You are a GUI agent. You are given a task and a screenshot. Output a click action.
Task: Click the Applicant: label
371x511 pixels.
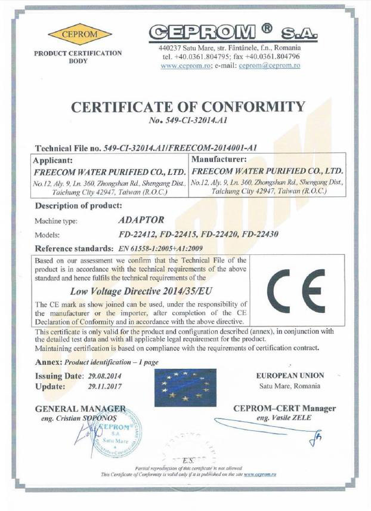pyautogui.click(x=53, y=161)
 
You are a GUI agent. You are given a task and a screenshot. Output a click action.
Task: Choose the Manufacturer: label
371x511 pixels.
pyautogui.click(x=218, y=160)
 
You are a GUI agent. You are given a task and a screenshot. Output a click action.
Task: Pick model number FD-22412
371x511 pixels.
pyautogui.click(x=137, y=234)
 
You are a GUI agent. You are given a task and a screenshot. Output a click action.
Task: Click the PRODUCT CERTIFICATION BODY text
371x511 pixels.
pyautogui.click(x=78, y=57)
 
